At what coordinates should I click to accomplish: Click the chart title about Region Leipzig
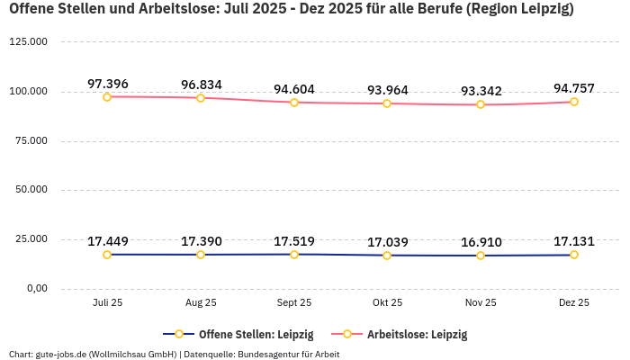[291, 10]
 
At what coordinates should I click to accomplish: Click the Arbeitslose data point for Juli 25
[107, 96]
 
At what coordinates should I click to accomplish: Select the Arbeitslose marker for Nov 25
[481, 104]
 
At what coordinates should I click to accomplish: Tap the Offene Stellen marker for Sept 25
[294, 254]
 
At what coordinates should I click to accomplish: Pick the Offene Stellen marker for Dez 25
[574, 255]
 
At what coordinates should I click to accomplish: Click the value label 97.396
[107, 84]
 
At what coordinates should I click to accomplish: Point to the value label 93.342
[481, 91]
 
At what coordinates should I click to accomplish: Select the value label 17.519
[294, 241]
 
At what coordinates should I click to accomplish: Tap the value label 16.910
[481, 242]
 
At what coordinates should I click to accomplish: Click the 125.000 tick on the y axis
[28, 42]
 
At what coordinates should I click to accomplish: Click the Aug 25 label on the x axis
[201, 303]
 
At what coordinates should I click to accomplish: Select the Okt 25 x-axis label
[387, 303]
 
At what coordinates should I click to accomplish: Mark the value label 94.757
[574, 88]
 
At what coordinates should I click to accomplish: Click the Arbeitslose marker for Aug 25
[201, 97]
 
